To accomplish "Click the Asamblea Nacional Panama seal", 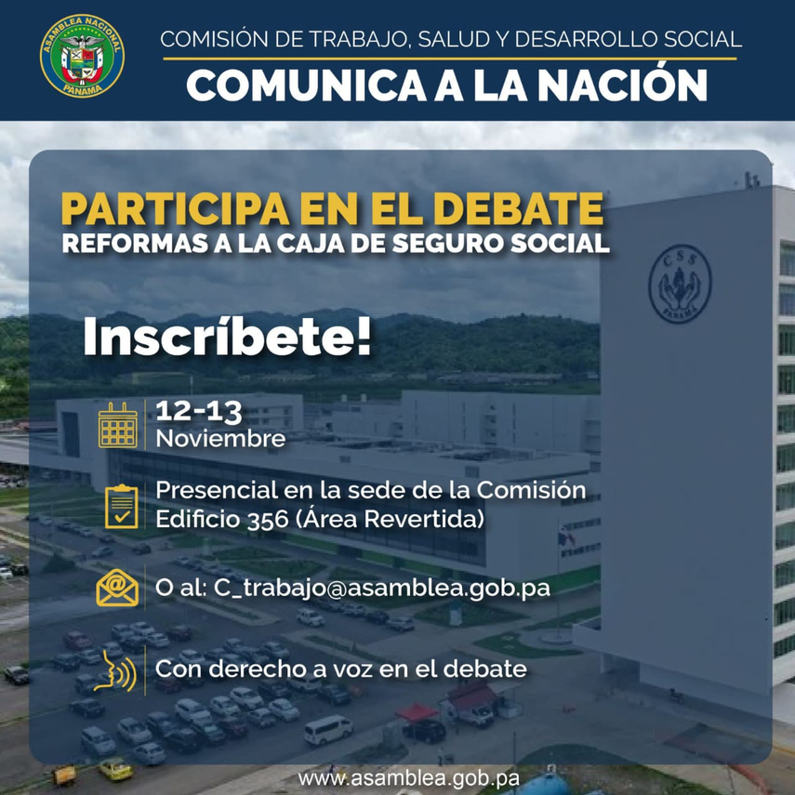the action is (x=82, y=56).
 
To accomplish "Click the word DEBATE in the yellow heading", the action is (x=519, y=209).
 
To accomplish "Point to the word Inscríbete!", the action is (x=227, y=337).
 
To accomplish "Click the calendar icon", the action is (x=118, y=425).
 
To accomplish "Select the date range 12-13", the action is (x=199, y=411).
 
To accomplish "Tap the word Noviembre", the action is (x=220, y=439).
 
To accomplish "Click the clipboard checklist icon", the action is (x=121, y=506).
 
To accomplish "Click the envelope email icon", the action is (x=117, y=589).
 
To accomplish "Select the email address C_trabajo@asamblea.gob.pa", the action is (x=382, y=589).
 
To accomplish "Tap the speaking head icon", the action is (x=115, y=671).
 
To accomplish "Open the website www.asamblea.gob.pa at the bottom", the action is (x=408, y=778).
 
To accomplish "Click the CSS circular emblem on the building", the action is (x=680, y=284).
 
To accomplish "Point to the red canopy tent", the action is (x=417, y=712).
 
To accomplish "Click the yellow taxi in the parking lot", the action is (x=115, y=769).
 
